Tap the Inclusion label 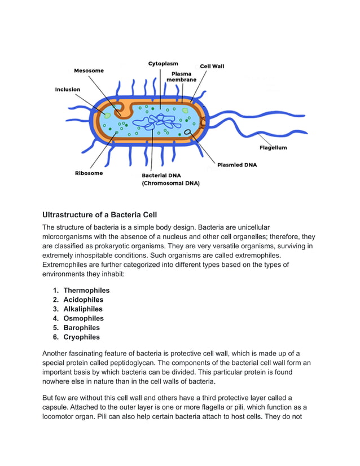pos(67,90)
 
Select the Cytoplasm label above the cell pos(163,64)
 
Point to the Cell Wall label pos(212,67)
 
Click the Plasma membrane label pos(181,77)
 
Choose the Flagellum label pos(273,148)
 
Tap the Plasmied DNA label pos(237,165)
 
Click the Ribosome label pos(89,173)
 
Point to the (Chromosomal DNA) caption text pos(170,183)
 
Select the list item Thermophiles pos(86,291)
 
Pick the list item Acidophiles pos(84,300)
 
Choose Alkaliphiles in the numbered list pos(83,309)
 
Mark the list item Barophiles pos(81,328)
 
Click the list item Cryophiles pos(81,337)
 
